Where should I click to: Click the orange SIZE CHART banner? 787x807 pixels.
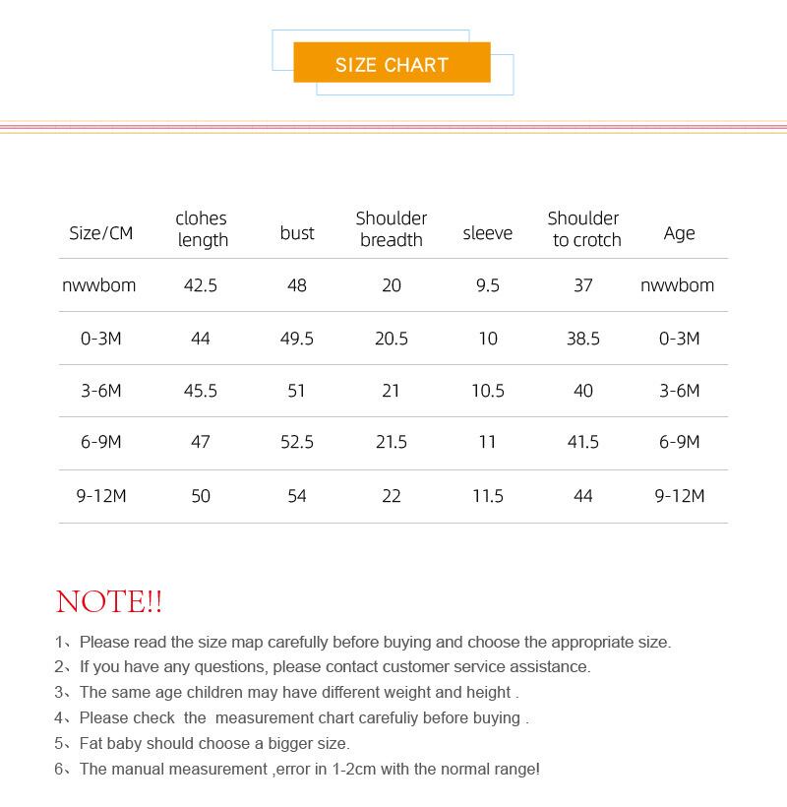(392, 64)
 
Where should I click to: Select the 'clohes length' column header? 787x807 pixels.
(202, 229)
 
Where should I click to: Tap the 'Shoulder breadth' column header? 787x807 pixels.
(392, 229)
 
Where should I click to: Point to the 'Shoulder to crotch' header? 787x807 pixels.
(584, 229)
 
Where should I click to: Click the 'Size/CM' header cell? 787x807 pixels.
(100, 233)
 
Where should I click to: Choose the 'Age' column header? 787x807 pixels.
(679, 233)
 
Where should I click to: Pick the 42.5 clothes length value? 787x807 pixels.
(201, 285)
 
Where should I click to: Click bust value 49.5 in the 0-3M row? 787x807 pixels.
(297, 339)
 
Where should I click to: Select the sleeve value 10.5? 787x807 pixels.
(488, 391)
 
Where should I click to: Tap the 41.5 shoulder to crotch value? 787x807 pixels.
(583, 443)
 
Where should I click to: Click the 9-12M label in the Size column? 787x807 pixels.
(101, 496)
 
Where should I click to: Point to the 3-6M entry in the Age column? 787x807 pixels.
(679, 391)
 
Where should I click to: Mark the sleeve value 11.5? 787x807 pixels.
(488, 496)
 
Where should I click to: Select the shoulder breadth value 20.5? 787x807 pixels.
(392, 339)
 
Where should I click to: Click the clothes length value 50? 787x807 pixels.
(201, 496)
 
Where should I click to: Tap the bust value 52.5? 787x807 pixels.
(297, 443)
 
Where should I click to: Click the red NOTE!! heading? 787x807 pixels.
(109, 601)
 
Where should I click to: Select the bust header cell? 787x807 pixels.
(297, 233)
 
